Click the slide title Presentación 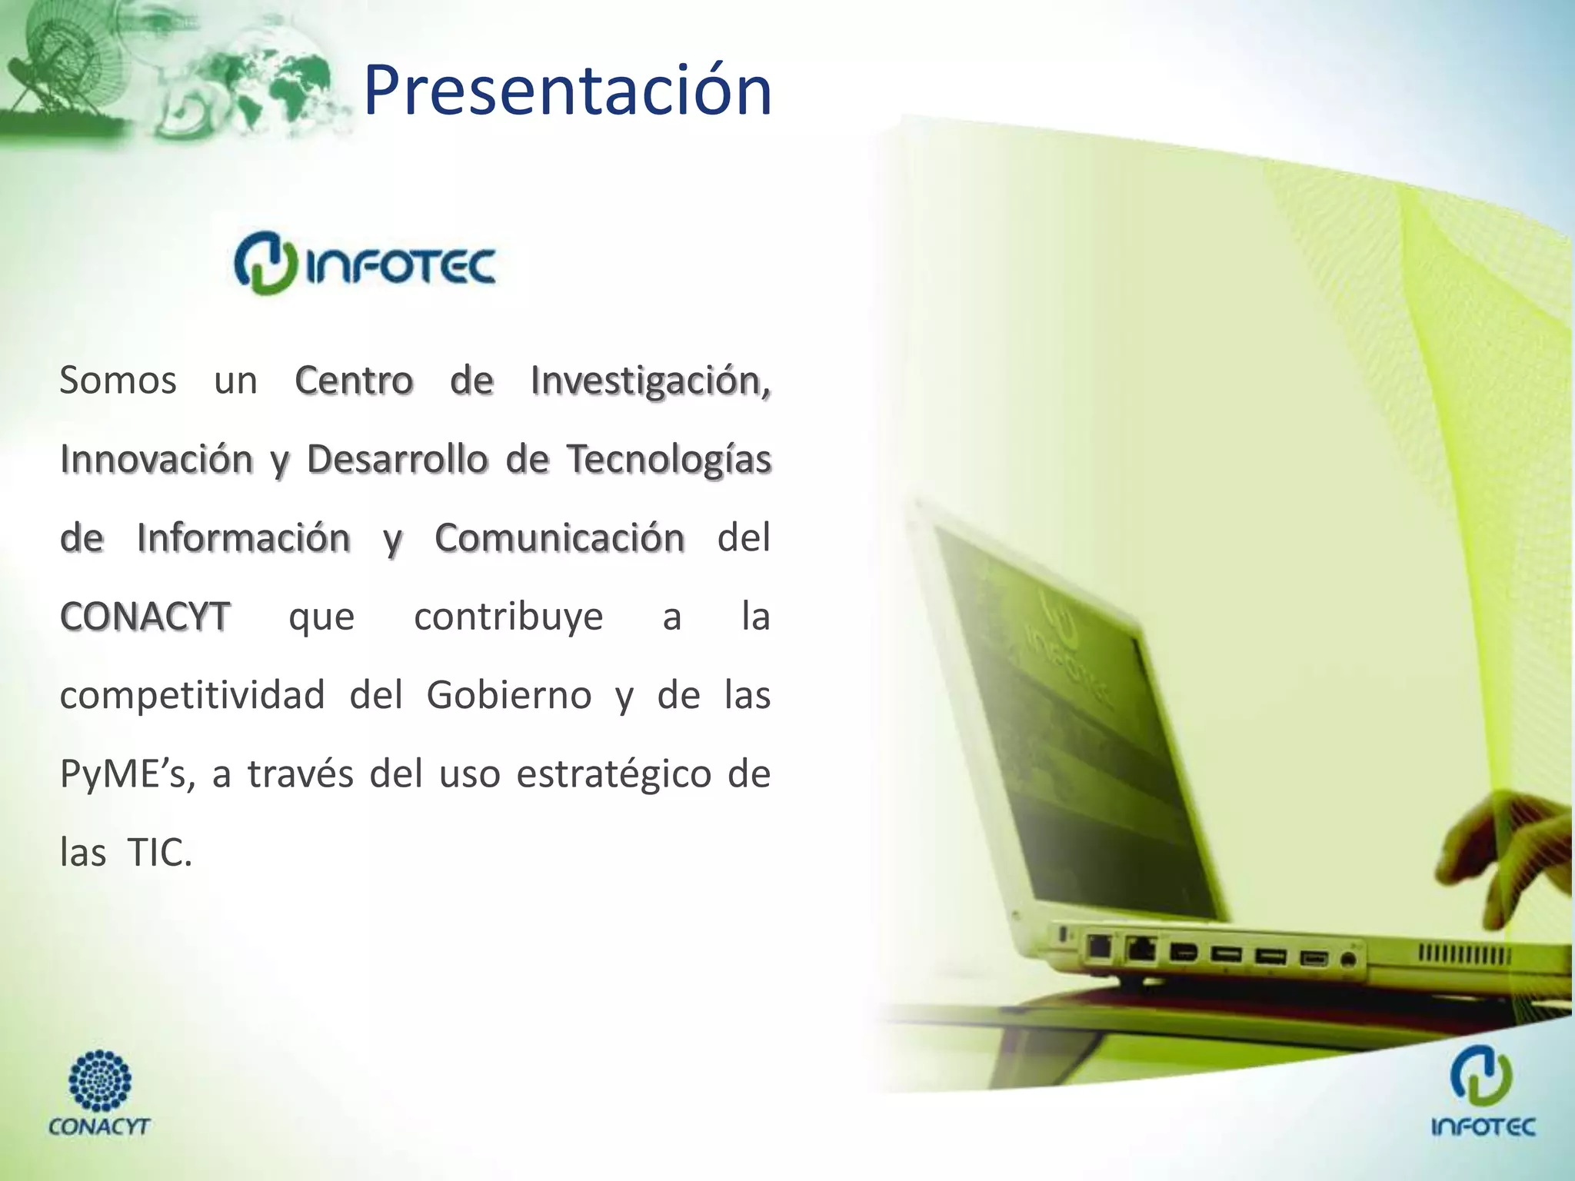tap(567, 91)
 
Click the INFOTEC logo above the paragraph tap(365, 264)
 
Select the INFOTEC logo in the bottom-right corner tap(1483, 1092)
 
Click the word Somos tap(118, 380)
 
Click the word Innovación tap(156, 460)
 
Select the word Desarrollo tap(397, 460)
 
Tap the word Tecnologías tap(668, 460)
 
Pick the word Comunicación tap(559, 537)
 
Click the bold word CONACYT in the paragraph tap(145, 617)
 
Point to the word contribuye tap(508, 617)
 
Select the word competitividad tap(192, 696)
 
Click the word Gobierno tap(508, 696)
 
